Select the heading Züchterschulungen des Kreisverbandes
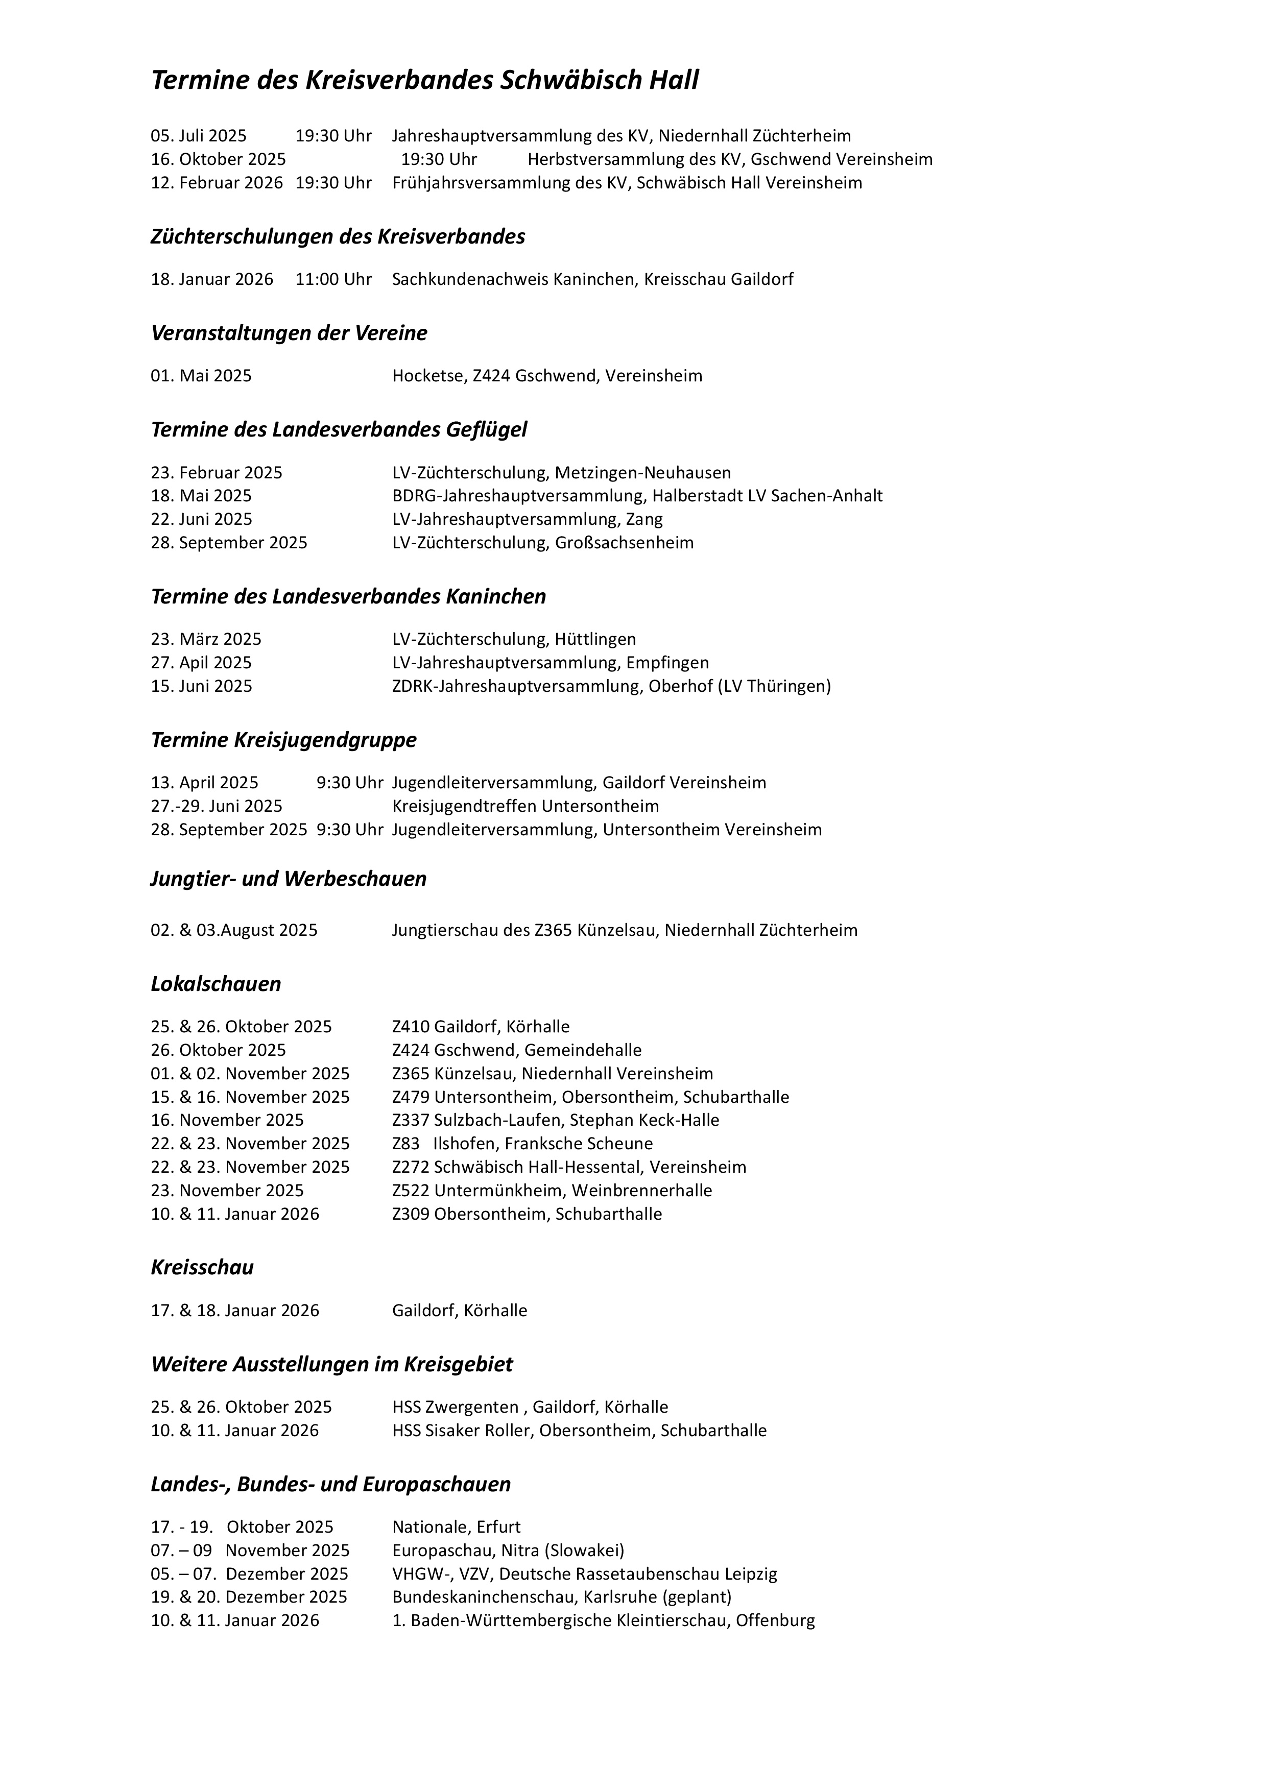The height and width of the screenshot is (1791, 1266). [338, 236]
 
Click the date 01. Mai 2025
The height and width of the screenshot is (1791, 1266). [201, 376]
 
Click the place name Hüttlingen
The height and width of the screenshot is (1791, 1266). [595, 640]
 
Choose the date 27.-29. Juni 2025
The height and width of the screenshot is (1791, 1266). [217, 806]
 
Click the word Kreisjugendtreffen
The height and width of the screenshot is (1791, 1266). [464, 806]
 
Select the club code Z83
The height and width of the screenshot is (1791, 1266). [405, 1144]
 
